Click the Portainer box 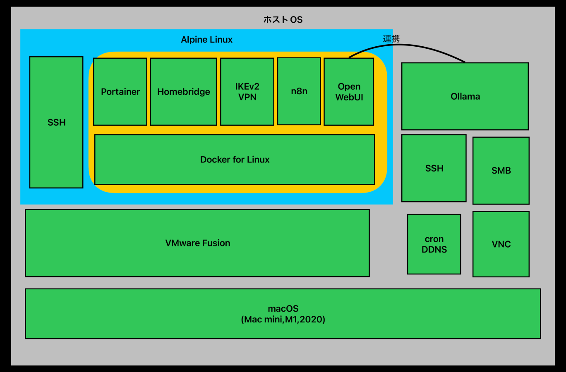(x=120, y=91)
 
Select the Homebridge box (x=183, y=91)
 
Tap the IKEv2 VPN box (x=247, y=91)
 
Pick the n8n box (x=299, y=91)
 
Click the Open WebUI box (x=349, y=91)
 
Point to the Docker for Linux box (x=235, y=160)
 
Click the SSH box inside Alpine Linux (x=56, y=122)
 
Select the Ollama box (x=465, y=96)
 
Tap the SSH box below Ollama (x=434, y=168)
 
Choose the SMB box (x=501, y=170)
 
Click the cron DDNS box (x=434, y=244)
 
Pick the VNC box (x=501, y=244)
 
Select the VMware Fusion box (x=197, y=243)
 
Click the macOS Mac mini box (x=283, y=314)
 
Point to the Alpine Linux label (x=206, y=40)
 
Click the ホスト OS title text (x=283, y=19)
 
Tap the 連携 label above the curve (x=391, y=39)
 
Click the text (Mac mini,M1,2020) (x=283, y=320)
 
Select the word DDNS (x=434, y=250)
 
